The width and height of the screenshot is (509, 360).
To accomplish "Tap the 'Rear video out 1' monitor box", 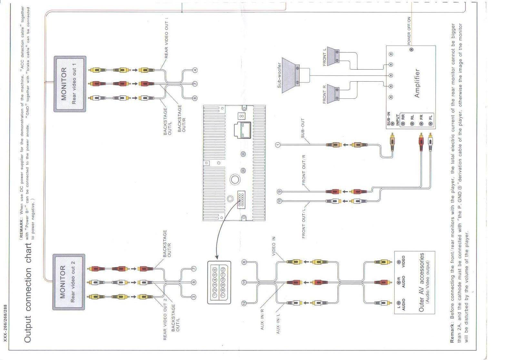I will pyautogui.click(x=70, y=84).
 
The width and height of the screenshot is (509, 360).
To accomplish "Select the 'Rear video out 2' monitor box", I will pyautogui.click(x=69, y=282).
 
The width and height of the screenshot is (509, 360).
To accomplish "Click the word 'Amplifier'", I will pyautogui.click(x=417, y=83).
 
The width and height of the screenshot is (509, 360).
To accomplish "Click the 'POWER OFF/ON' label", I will pyautogui.click(x=409, y=31).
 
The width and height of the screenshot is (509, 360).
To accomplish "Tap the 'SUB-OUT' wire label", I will pyautogui.click(x=303, y=128).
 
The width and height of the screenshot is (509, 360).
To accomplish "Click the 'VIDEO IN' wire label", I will pyautogui.click(x=274, y=246).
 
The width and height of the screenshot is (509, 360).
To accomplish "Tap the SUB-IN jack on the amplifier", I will pyautogui.click(x=393, y=123).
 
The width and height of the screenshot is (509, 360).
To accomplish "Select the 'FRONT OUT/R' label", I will pyautogui.click(x=304, y=170).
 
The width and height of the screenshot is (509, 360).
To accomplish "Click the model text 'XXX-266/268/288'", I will pyautogui.click(x=5, y=323).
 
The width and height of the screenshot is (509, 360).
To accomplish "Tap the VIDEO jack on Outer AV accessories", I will pyautogui.click(x=399, y=262).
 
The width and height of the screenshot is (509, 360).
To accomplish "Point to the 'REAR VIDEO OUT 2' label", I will pyautogui.click(x=165, y=319).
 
